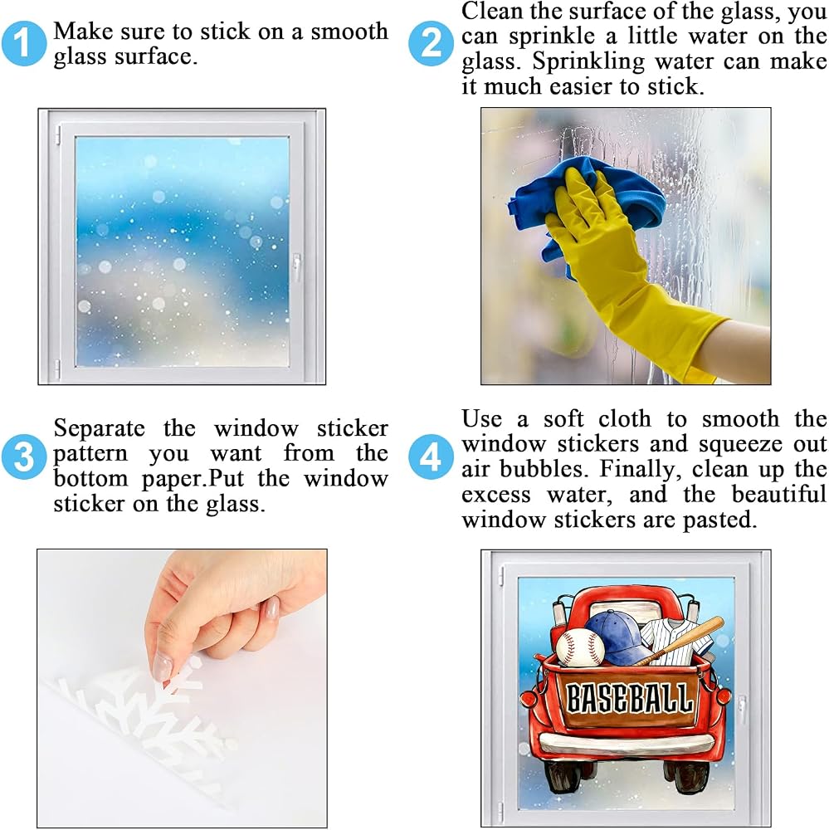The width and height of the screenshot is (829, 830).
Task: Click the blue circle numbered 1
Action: pyautogui.click(x=23, y=43)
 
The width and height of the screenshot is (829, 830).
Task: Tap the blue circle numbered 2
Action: pyautogui.click(x=431, y=43)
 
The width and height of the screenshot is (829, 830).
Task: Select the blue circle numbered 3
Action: pyautogui.click(x=23, y=456)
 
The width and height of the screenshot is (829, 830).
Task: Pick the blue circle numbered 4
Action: pyautogui.click(x=431, y=456)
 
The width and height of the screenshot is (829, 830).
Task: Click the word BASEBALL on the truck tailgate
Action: pyautogui.click(x=629, y=698)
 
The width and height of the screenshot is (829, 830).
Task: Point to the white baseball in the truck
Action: pyautogui.click(x=580, y=647)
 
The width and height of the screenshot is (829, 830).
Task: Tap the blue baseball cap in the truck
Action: pyautogui.click(x=618, y=637)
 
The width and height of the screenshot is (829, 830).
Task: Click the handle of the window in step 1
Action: pyautogui.click(x=296, y=267)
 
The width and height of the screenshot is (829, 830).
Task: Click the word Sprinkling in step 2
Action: pyautogui.click(x=588, y=61)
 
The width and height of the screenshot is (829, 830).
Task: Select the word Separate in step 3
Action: pyautogui.click(x=99, y=428)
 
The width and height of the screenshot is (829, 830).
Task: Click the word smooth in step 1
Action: pyautogui.click(x=349, y=32)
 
